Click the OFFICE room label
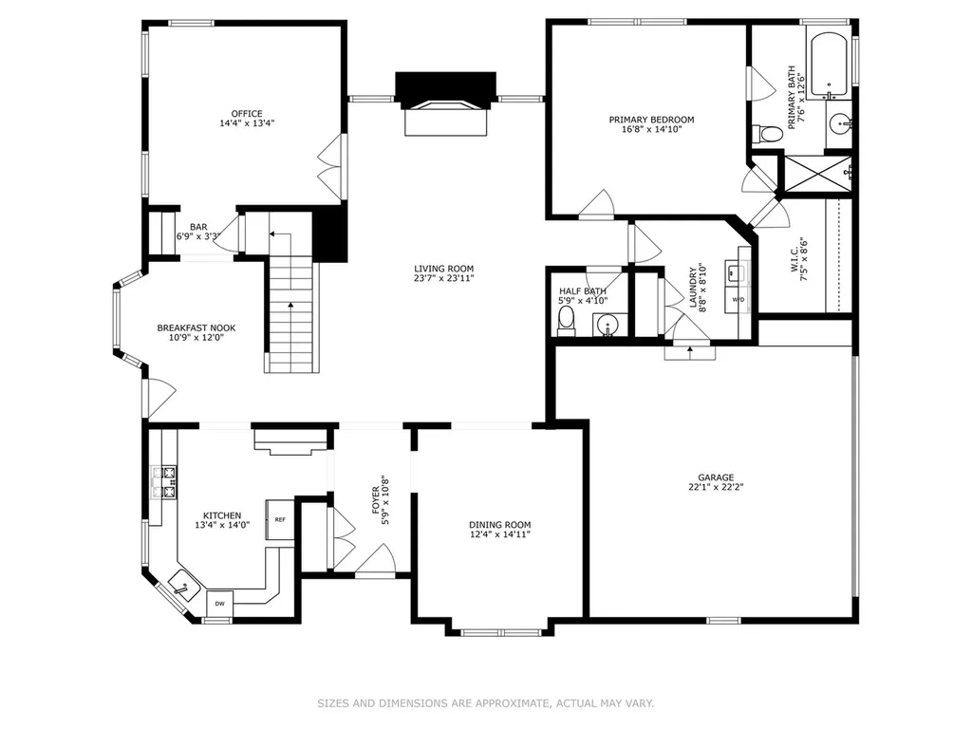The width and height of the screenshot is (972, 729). tap(247, 114)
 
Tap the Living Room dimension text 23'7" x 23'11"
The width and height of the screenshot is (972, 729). tap(444, 278)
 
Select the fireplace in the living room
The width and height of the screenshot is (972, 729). tap(446, 103)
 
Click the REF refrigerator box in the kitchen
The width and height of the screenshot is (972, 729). tap(280, 519)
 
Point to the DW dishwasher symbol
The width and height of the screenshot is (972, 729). tap(219, 604)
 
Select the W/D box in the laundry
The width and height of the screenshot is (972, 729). tap(738, 299)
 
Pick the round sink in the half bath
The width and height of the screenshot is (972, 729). tap(607, 325)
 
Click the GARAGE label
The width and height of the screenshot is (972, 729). tap(716, 477)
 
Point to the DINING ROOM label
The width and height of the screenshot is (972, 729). tap(499, 524)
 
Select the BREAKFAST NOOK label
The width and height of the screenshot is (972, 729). tap(196, 327)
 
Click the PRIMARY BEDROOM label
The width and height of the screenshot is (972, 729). tap(651, 120)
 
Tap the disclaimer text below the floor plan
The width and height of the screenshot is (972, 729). tap(486, 703)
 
